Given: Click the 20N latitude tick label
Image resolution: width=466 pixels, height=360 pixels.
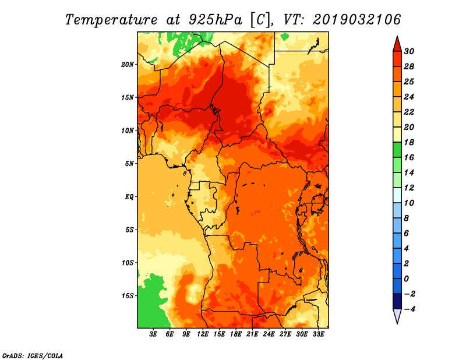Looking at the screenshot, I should coord(128,64).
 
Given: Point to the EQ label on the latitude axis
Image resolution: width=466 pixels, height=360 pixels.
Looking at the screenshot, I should coord(129,196).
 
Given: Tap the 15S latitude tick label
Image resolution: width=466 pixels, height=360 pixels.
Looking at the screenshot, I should coord(128,295).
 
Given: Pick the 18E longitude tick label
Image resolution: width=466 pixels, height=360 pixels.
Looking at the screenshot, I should coord(236,334).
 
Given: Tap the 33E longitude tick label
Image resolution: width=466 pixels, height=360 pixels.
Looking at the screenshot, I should coord(318,334).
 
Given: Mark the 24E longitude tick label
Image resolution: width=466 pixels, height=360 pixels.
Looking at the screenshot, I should coord(269,334).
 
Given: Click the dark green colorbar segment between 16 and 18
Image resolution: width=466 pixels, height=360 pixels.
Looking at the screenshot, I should coord(397,150).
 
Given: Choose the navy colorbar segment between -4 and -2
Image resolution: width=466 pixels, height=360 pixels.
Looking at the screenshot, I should coord(397,301).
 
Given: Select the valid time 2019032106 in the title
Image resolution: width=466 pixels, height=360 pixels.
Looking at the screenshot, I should coord(357,20).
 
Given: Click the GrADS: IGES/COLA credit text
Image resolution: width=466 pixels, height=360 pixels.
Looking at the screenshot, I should coord(33,355).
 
